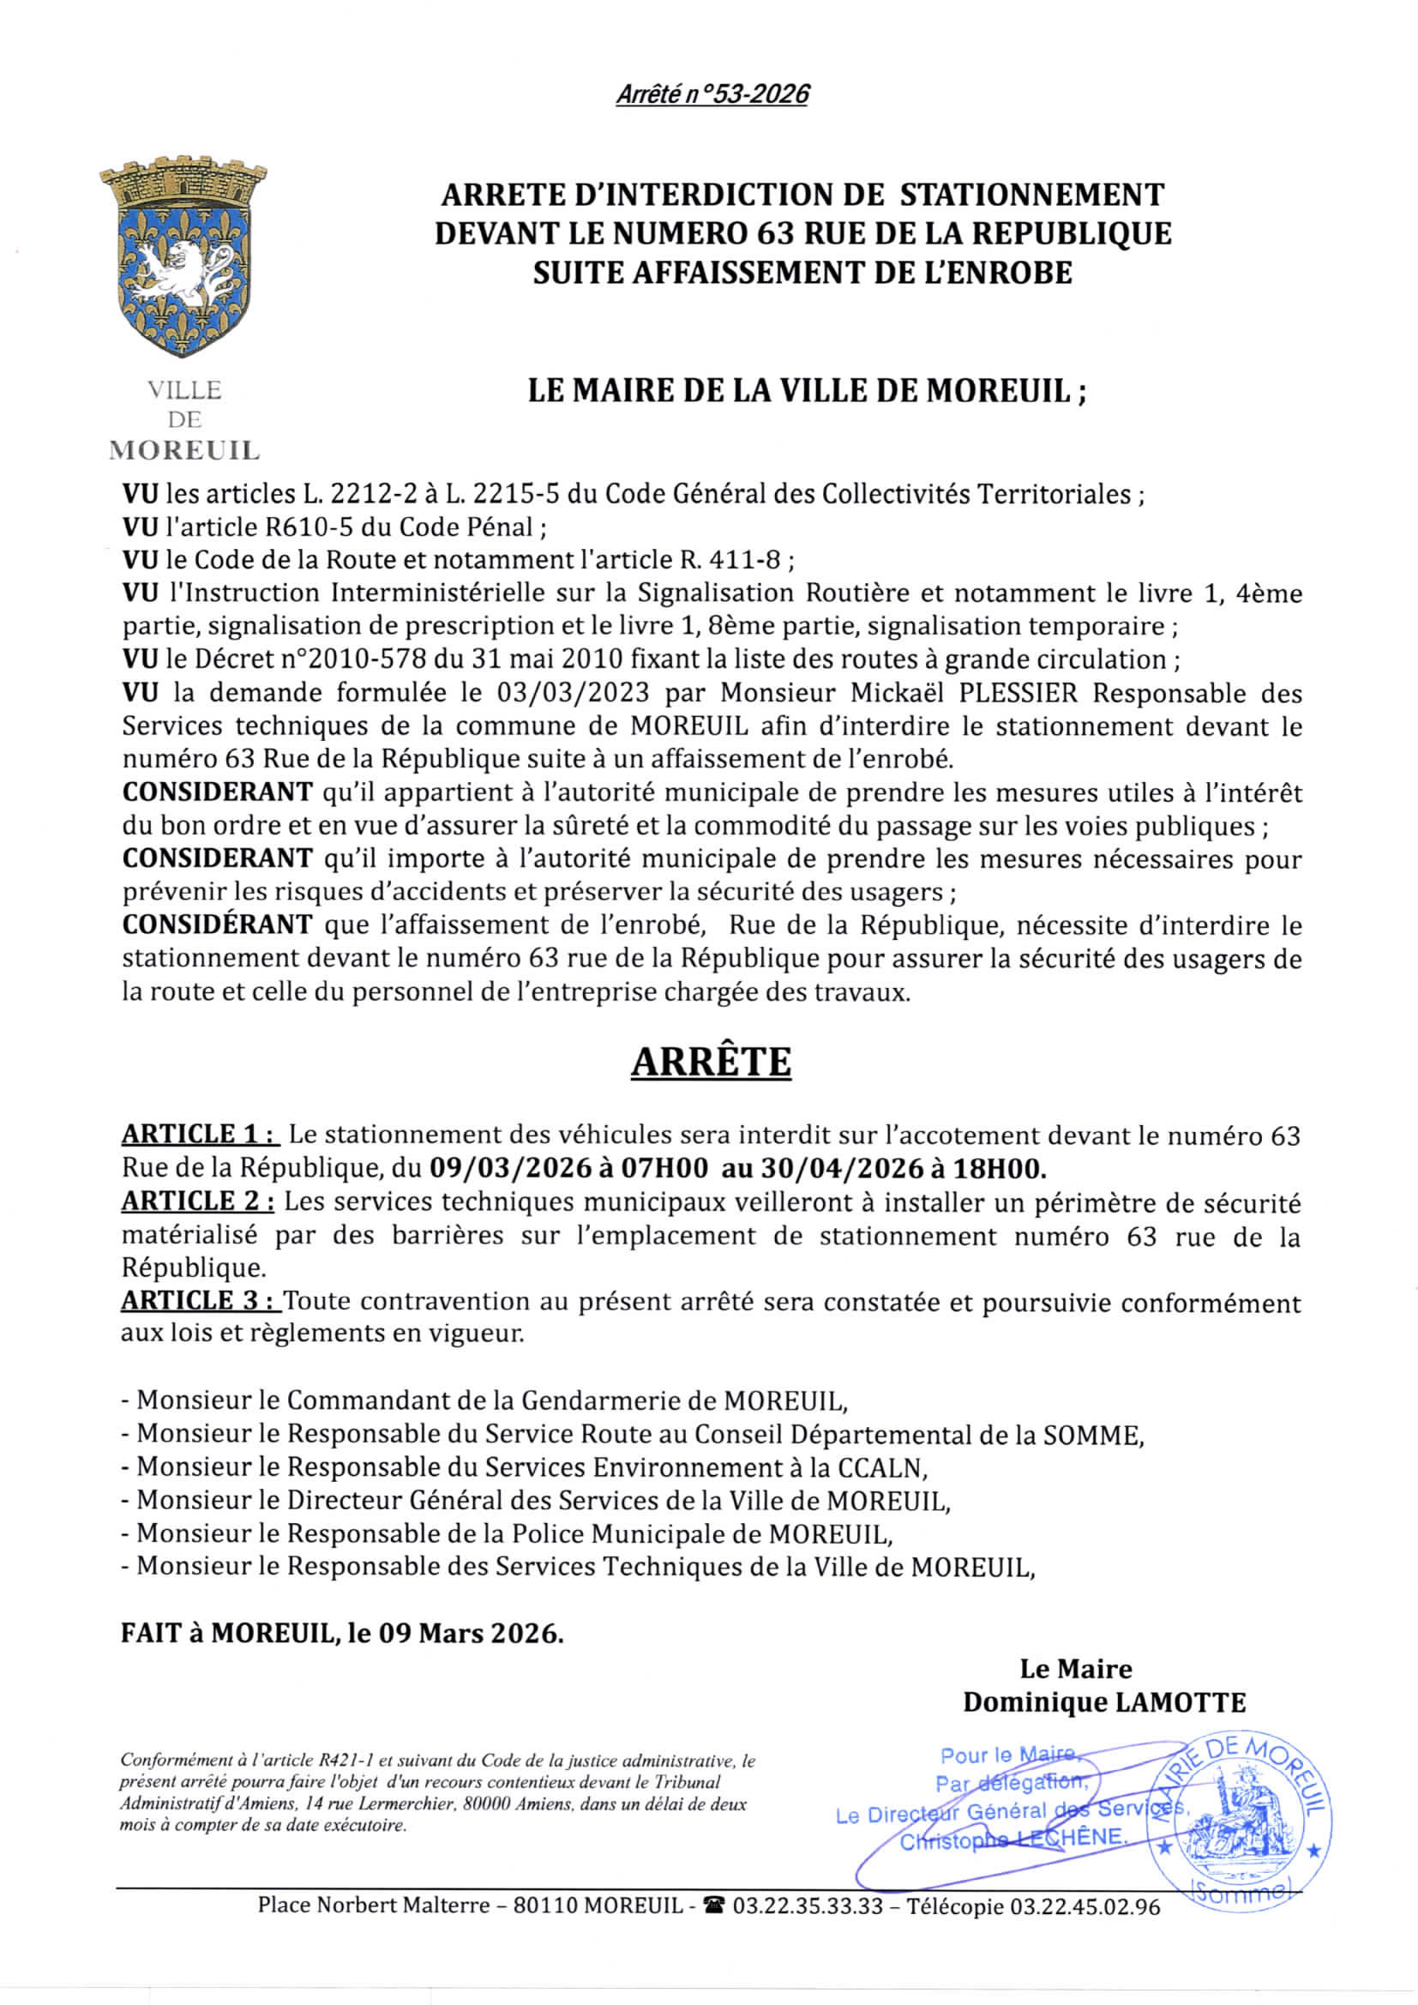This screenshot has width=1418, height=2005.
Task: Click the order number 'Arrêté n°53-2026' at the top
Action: pyautogui.click(x=712, y=93)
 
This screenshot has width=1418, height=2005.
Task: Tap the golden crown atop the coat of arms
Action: pyautogui.click(x=183, y=179)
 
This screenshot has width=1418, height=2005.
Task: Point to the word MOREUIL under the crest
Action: pyautogui.click(x=184, y=451)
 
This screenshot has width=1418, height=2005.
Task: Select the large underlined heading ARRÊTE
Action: pyautogui.click(x=711, y=1062)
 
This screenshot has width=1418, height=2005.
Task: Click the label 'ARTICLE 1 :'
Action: pyautogui.click(x=200, y=1135)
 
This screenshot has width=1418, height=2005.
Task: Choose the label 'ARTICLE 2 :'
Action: pyautogui.click(x=198, y=1201)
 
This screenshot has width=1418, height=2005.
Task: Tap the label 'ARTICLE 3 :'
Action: pyautogui.click(x=200, y=1300)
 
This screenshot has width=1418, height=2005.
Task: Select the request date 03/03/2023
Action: pyautogui.click(x=573, y=693)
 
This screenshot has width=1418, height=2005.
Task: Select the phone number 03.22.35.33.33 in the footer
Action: pyautogui.click(x=808, y=1906)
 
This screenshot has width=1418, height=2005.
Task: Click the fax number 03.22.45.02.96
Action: pyautogui.click(x=1085, y=1906)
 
